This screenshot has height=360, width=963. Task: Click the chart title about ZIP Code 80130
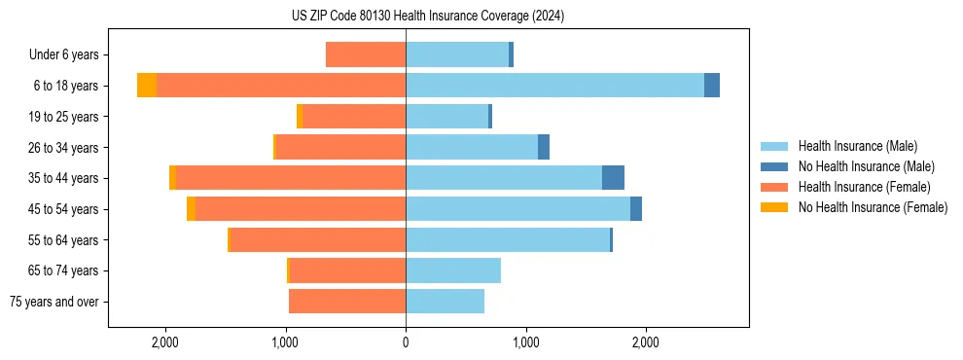coord(427,16)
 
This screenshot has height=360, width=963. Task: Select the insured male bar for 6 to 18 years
coord(554,86)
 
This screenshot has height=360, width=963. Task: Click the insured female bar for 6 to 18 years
coord(281,86)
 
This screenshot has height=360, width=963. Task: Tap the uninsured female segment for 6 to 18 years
coord(147,86)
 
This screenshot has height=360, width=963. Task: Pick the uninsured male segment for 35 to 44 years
coord(613,178)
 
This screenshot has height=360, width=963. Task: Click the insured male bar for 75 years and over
coord(445,302)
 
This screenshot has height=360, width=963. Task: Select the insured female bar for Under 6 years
coord(366,54)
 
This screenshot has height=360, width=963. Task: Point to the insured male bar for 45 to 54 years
coord(517,209)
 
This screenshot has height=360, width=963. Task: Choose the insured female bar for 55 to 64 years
coord(317,240)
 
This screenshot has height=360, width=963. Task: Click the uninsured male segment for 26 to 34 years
coord(544,148)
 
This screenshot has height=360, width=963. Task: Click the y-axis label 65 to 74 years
coord(63,270)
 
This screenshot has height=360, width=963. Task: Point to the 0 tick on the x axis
coord(406,342)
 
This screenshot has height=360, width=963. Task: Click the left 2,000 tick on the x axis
coord(165,342)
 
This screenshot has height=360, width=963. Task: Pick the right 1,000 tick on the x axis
coord(525,342)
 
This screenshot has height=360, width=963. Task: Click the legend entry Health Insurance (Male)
coord(857,146)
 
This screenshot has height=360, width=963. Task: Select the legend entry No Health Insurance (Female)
coord(873,207)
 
